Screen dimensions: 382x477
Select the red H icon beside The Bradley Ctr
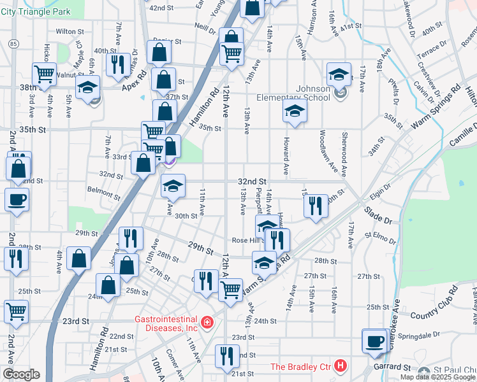[341, 366]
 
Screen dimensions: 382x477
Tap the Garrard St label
[390, 367]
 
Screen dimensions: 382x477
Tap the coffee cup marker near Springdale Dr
[374, 341]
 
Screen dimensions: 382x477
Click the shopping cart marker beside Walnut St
[45, 73]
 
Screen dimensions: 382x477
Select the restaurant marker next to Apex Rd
[117, 64]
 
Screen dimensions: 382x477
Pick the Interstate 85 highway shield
[13, 43]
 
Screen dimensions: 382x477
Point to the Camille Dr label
[463, 140]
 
